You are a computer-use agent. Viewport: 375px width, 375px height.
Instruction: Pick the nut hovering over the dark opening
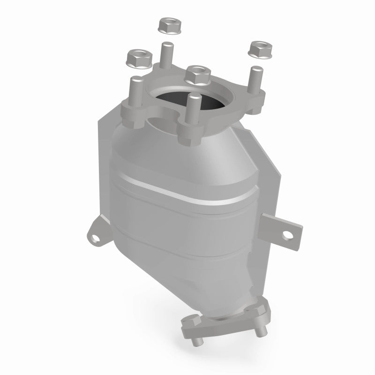coord(198,74)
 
